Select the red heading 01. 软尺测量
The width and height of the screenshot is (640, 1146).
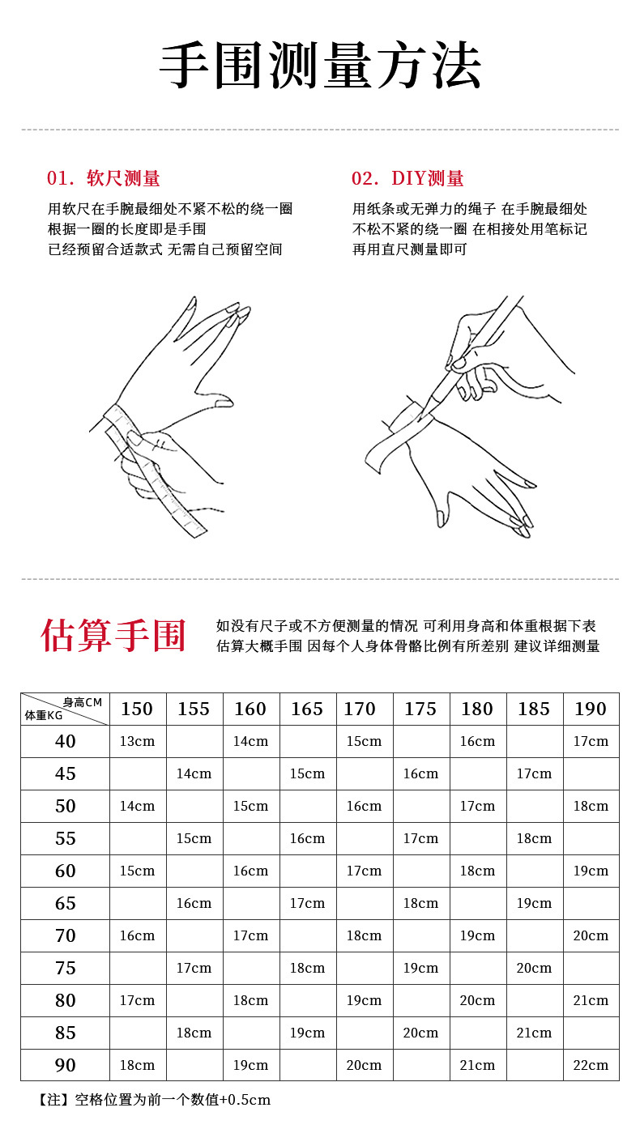(103, 178)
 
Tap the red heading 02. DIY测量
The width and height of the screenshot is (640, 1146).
(407, 178)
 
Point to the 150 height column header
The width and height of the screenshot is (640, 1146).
(137, 709)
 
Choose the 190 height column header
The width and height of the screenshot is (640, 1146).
(591, 709)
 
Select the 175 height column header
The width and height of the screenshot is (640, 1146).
(420, 709)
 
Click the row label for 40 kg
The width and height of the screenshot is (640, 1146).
(65, 741)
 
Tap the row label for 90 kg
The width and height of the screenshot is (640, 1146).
(65, 1065)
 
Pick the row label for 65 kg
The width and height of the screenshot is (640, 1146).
(65, 903)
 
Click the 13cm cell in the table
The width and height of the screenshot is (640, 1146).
(137, 741)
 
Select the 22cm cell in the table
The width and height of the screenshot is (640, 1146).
(591, 1065)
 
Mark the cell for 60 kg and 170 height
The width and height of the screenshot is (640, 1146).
(364, 871)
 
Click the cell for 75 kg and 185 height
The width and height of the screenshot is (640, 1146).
(534, 968)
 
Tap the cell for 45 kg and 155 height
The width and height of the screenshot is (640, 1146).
(194, 773)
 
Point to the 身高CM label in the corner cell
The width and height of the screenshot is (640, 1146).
(83, 702)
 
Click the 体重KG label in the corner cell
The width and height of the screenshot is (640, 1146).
(44, 716)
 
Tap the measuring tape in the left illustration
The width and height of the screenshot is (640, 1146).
(162, 478)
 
